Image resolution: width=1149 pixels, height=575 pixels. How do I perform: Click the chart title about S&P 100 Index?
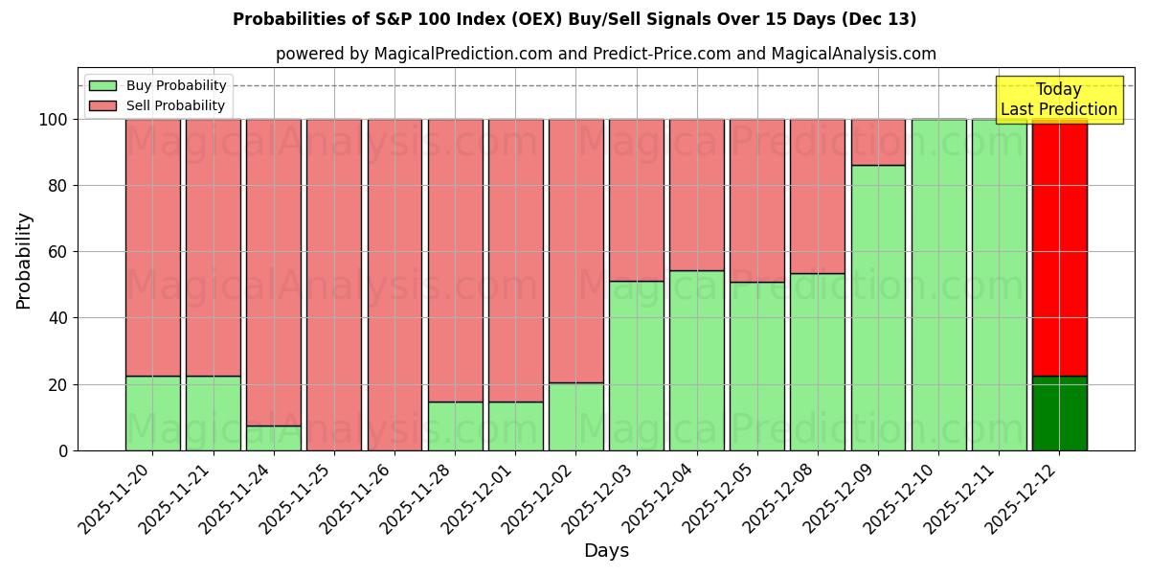click(x=574, y=19)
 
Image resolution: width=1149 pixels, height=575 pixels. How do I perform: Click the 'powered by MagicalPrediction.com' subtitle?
click(x=605, y=54)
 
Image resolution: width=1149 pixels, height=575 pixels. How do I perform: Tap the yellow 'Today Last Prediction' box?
click(x=1058, y=100)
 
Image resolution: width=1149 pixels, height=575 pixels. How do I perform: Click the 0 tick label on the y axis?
click(x=63, y=450)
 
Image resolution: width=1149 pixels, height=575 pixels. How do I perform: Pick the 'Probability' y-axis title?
click(x=24, y=261)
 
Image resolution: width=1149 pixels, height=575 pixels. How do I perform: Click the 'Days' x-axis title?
click(x=606, y=551)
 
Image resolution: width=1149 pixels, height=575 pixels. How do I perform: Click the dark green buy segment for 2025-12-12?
click(x=1059, y=414)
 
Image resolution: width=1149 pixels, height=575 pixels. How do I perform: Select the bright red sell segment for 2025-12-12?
click(x=1059, y=247)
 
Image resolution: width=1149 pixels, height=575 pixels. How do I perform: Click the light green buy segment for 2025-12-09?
click(x=878, y=307)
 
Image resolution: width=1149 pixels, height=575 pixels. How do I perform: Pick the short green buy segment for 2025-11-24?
click(x=274, y=438)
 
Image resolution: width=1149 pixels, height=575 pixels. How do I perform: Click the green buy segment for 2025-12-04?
click(x=696, y=360)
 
